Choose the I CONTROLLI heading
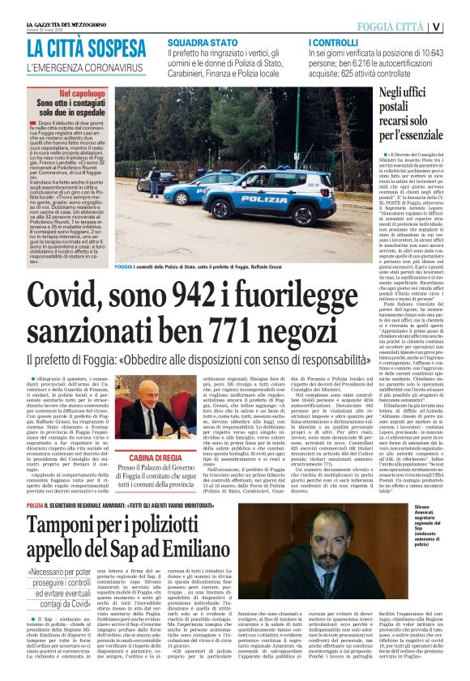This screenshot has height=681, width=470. [334, 40]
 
